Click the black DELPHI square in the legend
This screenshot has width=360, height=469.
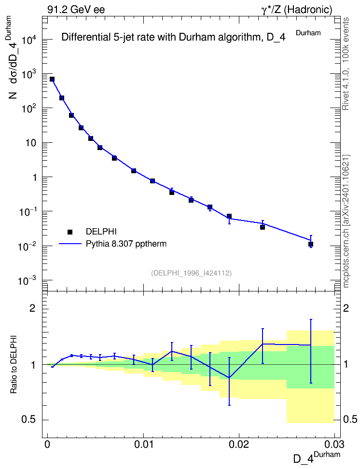click(x=70, y=232)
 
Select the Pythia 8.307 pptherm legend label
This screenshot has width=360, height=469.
click(x=126, y=244)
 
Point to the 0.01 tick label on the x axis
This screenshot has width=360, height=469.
click(x=143, y=444)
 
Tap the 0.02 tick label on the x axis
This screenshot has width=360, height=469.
click(x=239, y=444)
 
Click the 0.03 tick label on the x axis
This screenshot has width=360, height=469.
click(x=334, y=444)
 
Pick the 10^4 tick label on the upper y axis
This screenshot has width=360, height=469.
click(x=30, y=39)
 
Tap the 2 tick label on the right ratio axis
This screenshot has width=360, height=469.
click(x=346, y=308)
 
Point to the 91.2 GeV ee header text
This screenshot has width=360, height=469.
click(x=76, y=10)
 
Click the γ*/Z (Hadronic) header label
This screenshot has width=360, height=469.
click(x=297, y=10)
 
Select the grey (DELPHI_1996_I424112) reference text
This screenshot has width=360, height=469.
click(x=192, y=273)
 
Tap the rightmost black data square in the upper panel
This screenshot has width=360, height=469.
click(x=311, y=244)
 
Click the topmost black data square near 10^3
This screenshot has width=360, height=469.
click(x=52, y=79)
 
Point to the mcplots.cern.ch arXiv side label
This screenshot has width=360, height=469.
click(x=346, y=221)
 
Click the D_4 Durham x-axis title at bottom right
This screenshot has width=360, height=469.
click(x=317, y=457)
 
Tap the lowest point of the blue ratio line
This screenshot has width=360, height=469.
click(x=229, y=378)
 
